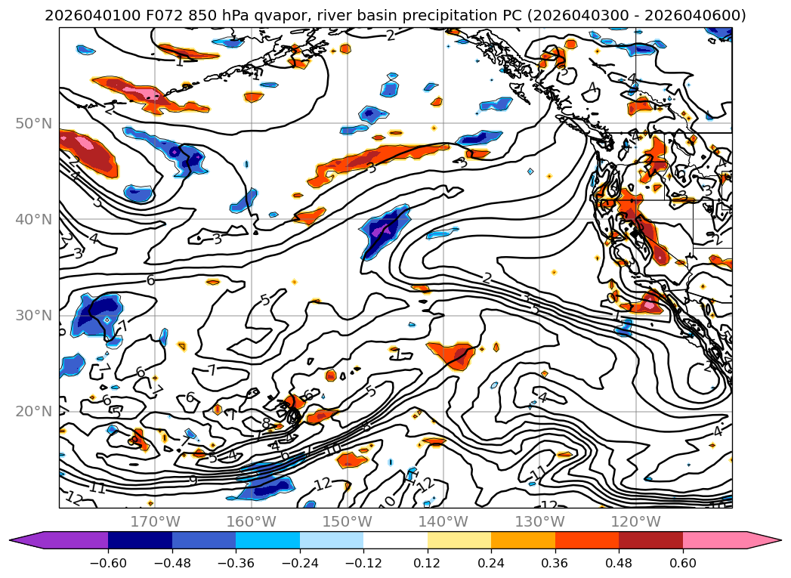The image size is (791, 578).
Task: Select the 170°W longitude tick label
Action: [x=155, y=521]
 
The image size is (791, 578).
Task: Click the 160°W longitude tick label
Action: [x=251, y=521]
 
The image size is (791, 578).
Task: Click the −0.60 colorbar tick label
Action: [x=108, y=563]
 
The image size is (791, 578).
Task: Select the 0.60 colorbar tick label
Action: [x=683, y=563]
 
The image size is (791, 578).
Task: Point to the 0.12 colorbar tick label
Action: [x=428, y=563]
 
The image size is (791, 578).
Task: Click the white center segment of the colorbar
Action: [x=395, y=540]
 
